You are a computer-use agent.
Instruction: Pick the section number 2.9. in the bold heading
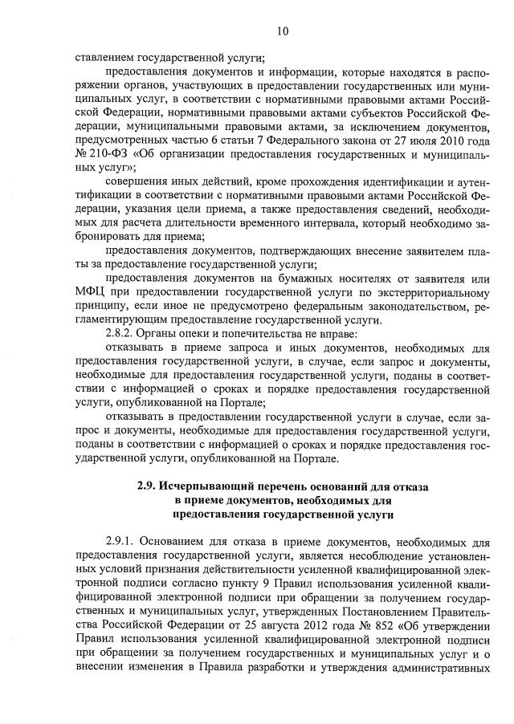pos(145,486)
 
